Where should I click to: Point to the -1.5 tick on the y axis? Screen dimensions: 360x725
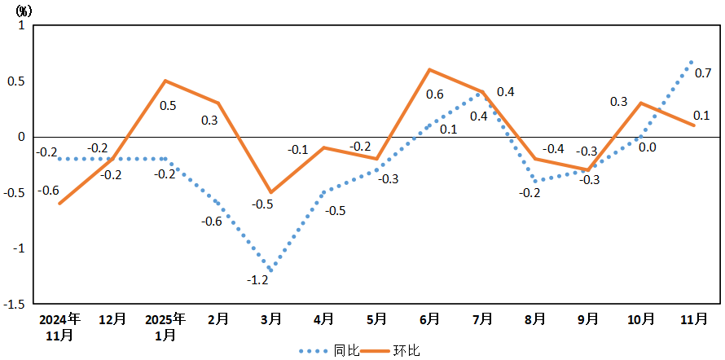click(x=16, y=305)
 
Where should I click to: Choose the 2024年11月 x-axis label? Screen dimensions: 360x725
click(x=59, y=326)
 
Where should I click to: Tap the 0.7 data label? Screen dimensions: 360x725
click(x=703, y=72)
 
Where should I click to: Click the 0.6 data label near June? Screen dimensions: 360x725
click(x=435, y=94)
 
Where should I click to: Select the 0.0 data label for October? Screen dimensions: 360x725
click(x=648, y=147)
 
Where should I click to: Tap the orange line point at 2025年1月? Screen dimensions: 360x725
click(x=165, y=81)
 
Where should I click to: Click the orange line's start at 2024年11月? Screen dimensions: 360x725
click(x=59, y=204)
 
